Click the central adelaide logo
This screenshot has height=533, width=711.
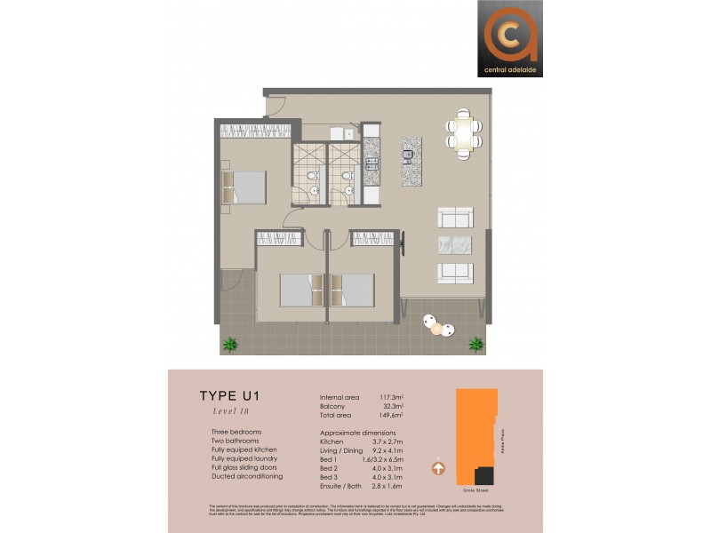point(509,37)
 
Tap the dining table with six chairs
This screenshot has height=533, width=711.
point(463,133)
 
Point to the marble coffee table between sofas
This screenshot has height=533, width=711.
point(455,245)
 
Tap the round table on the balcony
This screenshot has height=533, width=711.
point(436,329)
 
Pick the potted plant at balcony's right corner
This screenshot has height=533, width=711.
point(476,344)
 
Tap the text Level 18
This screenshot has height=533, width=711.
point(218,411)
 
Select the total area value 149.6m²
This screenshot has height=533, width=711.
point(389,414)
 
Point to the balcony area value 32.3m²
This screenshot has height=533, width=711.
point(389,405)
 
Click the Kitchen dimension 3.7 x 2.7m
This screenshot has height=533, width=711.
point(389,442)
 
